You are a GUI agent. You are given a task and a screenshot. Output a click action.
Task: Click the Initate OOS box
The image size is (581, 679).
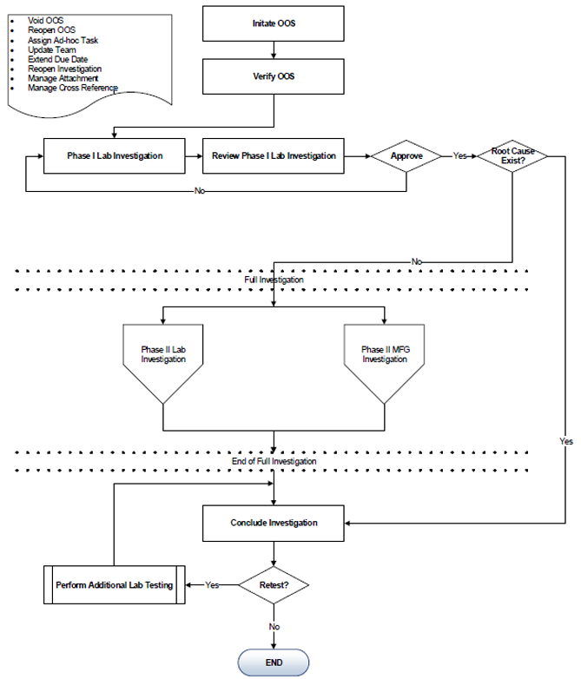pos(274,23)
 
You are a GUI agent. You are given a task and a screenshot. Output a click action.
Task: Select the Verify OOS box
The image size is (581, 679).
pos(274,76)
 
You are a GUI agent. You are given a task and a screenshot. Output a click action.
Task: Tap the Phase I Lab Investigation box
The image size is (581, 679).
pos(115,156)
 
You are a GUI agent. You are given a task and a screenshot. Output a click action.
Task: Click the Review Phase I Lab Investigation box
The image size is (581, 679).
pos(274,156)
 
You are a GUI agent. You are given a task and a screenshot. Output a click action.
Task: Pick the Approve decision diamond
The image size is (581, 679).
pos(406,156)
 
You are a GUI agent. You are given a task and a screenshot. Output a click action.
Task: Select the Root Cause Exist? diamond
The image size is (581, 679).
pos(512,156)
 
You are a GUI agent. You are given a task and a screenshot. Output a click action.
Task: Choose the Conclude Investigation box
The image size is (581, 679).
pos(274,523)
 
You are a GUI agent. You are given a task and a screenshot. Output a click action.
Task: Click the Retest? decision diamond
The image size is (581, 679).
pos(274,585)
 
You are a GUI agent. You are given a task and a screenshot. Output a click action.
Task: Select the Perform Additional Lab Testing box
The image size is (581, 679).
pos(115,585)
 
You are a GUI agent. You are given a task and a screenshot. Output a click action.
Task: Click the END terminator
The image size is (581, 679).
pos(274,663)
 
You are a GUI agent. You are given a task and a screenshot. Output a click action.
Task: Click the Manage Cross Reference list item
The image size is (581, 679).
pos(72,88)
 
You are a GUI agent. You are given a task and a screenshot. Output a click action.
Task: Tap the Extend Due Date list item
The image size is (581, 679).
pos(57,59)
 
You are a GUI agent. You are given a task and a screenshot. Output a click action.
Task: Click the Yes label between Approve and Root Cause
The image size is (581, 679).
pos(459,156)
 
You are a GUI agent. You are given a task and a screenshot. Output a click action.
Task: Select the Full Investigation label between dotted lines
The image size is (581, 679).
pos(274,280)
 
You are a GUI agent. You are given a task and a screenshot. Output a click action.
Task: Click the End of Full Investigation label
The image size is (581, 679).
pos(274,462)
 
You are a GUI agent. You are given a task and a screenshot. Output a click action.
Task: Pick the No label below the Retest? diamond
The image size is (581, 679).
pos(274,626)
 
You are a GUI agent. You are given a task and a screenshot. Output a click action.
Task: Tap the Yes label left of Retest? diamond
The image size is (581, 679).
pos(212,585)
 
